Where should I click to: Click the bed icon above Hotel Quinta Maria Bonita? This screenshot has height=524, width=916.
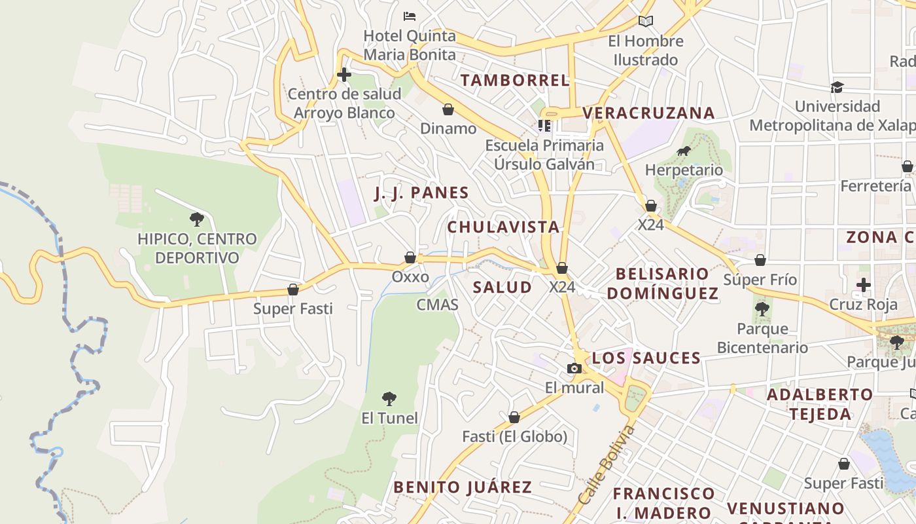pyautogui.click(x=410, y=16)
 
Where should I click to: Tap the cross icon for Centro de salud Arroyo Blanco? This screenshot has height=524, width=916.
pyautogui.click(x=344, y=75)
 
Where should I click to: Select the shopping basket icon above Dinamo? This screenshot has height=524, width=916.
pyautogui.click(x=448, y=109)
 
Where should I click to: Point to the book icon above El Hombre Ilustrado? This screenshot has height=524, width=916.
pyautogui.click(x=646, y=21)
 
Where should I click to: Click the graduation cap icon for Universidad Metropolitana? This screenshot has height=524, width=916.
pyautogui.click(x=837, y=87)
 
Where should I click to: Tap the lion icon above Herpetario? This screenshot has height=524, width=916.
pyautogui.click(x=684, y=151)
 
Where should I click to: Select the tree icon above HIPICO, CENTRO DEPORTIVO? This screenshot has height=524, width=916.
pyautogui.click(x=197, y=219)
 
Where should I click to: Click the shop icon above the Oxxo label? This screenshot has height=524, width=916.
pyautogui.click(x=410, y=257)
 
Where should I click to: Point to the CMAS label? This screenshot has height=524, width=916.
pyautogui.click(x=437, y=305)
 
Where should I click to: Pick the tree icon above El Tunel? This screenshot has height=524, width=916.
pyautogui.click(x=389, y=398)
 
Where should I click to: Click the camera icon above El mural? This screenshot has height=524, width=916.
pyautogui.click(x=574, y=369)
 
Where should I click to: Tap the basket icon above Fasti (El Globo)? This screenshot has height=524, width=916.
pyautogui.click(x=514, y=417)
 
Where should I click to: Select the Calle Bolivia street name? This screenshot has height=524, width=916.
pyautogui.click(x=607, y=465)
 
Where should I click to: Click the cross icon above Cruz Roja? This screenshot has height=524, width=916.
pyautogui.click(x=864, y=285)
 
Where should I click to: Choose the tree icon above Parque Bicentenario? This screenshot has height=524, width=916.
pyautogui.click(x=762, y=309)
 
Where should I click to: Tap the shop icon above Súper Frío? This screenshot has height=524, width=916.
pyautogui.click(x=760, y=261)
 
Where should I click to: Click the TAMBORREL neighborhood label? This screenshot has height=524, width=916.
pyautogui.click(x=515, y=81)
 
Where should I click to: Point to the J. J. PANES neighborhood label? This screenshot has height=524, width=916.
pyautogui.click(x=421, y=193)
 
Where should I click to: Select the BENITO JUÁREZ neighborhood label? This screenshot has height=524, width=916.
pyautogui.click(x=462, y=487)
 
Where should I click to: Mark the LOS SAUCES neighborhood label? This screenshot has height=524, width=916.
pyautogui.click(x=646, y=358)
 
